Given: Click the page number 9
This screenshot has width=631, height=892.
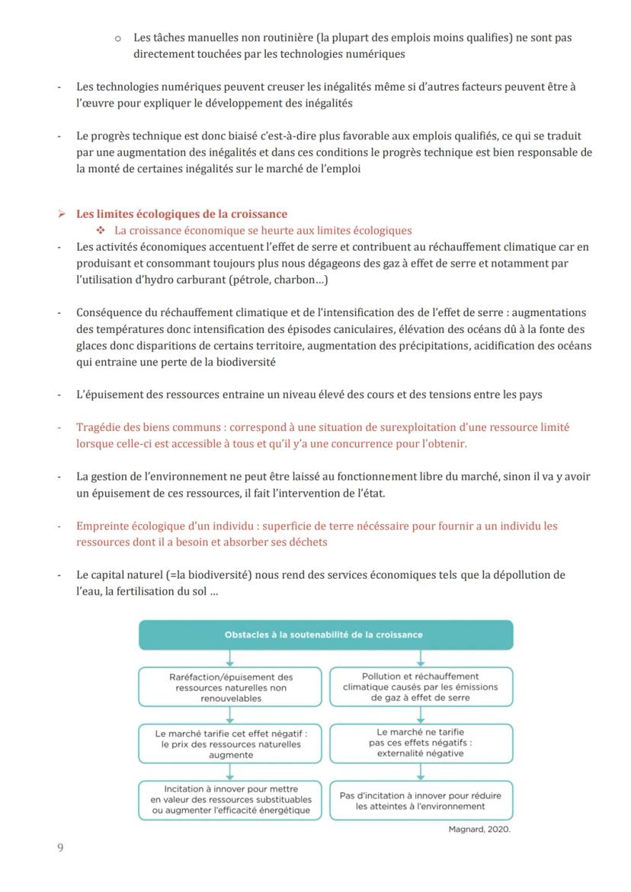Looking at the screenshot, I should tap(60, 848).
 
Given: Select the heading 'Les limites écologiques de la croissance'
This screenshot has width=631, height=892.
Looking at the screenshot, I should tap(181, 214).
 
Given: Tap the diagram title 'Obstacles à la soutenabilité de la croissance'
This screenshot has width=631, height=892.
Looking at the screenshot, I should tap(324, 634).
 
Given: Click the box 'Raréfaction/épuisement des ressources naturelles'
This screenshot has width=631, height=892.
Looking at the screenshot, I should tap(231, 687).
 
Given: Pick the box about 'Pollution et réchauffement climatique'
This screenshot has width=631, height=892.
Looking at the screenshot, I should tap(421, 686).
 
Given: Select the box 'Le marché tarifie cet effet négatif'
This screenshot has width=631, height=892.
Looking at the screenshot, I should tap(231, 743).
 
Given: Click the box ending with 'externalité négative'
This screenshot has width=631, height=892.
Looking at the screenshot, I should tap(421, 743).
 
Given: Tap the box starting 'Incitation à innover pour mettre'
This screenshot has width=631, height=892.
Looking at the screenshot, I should tap(231, 800).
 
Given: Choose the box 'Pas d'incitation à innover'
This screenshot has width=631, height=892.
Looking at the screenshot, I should tap(421, 800).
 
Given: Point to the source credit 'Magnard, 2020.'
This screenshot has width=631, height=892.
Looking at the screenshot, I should tap(479, 830).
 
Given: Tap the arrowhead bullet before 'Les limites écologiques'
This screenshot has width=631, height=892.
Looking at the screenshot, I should tap(62, 214).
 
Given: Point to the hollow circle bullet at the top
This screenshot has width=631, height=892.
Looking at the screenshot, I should tap(118, 37).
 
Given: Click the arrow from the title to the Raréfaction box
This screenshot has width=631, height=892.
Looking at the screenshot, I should tap(230, 658).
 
